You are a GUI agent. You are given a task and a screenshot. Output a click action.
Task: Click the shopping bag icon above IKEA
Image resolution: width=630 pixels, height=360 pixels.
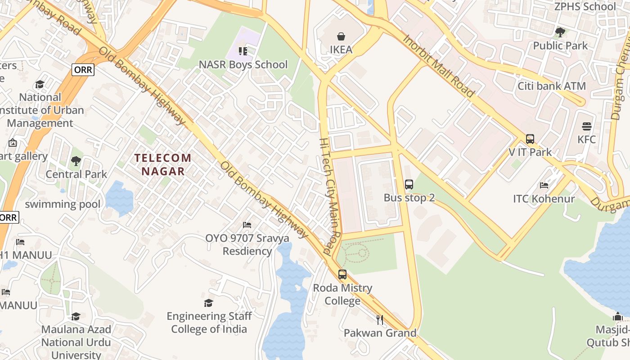(x=341, y=36)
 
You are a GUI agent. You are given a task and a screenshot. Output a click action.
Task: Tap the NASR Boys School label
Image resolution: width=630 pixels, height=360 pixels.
(x=243, y=65)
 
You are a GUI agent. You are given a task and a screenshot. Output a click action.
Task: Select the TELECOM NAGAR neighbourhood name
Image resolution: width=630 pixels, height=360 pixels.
(x=163, y=164)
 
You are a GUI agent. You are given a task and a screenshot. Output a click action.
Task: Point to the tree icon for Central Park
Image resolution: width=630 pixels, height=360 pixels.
(x=76, y=161)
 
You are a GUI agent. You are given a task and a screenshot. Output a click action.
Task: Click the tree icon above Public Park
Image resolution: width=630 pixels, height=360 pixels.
(x=560, y=32)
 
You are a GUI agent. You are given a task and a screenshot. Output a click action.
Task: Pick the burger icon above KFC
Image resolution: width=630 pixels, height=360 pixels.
(x=586, y=126)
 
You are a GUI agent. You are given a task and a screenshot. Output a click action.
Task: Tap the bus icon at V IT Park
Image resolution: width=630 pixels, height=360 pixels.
(x=530, y=139)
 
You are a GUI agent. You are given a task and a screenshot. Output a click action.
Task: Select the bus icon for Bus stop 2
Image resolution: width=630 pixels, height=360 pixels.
(x=409, y=184)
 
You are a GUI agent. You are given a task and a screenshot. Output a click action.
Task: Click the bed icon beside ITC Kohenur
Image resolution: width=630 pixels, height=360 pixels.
(x=544, y=185)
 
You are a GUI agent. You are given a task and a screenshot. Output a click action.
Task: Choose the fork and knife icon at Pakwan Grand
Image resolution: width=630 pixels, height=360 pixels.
(x=380, y=320)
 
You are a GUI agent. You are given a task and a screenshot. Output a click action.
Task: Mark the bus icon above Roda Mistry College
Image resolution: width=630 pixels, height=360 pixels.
(x=342, y=274)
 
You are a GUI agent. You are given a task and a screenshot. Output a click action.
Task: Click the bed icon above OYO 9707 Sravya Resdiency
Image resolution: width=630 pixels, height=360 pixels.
(x=247, y=225)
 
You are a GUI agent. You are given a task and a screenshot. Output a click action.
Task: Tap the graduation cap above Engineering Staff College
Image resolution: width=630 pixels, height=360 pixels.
(x=208, y=303)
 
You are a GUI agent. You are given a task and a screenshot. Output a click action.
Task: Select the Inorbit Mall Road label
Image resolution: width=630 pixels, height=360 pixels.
(x=438, y=66)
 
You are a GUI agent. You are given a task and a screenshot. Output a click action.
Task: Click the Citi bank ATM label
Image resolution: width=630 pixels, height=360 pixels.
(x=552, y=86)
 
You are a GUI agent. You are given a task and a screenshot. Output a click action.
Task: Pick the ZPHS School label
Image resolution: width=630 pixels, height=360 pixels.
(x=585, y=7)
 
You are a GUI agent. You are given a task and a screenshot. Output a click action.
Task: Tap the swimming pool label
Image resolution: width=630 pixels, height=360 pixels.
(x=63, y=204)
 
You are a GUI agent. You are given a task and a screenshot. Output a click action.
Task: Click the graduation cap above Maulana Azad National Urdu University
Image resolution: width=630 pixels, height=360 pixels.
(x=76, y=316)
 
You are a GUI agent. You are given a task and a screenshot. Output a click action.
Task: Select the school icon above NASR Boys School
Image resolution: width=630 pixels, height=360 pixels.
(x=243, y=51)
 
